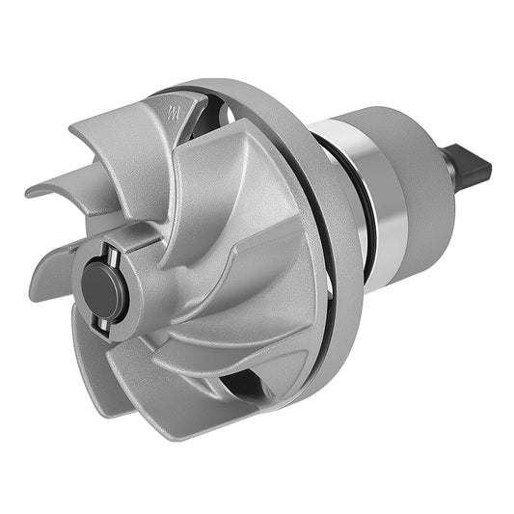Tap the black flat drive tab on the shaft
(x=473, y=167)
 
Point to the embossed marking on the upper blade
(x=174, y=113)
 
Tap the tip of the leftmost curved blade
(x=34, y=190)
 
